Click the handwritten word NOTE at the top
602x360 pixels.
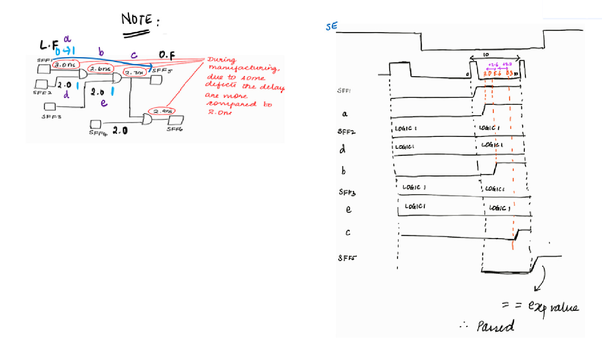tap(137, 19)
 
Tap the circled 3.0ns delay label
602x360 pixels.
tap(65, 65)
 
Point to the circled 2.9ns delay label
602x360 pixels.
tap(162, 111)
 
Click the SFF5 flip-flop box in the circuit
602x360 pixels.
tap(156, 79)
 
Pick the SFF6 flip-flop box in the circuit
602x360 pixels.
tap(176, 120)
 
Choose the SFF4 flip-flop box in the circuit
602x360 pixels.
tap(96, 124)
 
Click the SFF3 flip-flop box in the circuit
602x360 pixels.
tap(50, 107)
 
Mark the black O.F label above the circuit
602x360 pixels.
tap(167, 55)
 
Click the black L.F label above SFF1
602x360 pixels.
tap(49, 45)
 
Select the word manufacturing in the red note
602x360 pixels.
tap(243, 68)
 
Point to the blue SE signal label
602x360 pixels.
tap(331, 26)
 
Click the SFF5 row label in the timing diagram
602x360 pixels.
tap(346, 258)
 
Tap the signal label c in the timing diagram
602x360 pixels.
tap(348, 233)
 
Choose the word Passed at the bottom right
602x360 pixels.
tap(495, 326)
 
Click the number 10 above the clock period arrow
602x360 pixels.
tap(486, 55)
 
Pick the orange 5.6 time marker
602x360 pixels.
tap(497, 74)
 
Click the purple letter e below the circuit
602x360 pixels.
tap(104, 103)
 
